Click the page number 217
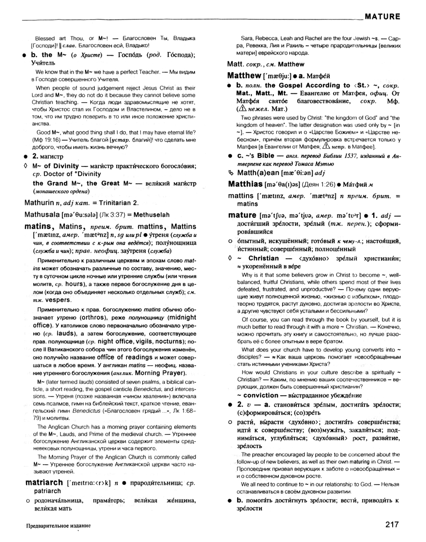(393, 524)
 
